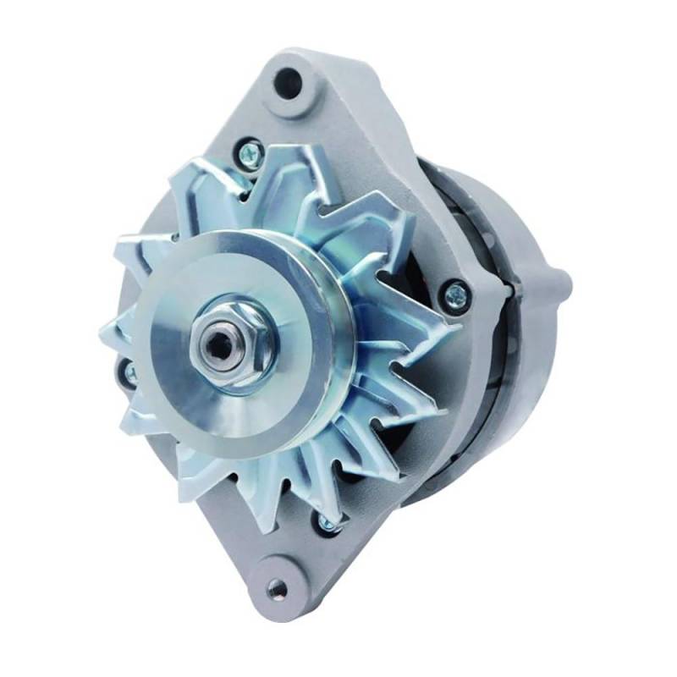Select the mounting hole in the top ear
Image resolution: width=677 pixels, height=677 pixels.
point(289,81)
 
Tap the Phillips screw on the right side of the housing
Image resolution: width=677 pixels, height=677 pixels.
point(457,294)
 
